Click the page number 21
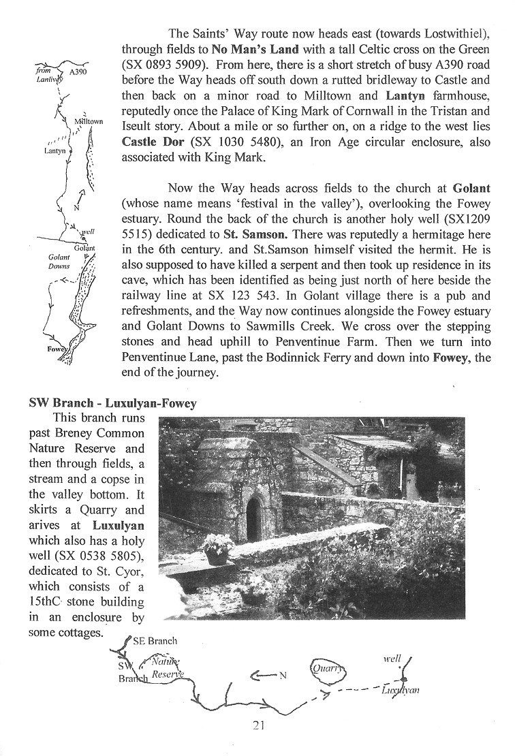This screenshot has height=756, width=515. point(257,725)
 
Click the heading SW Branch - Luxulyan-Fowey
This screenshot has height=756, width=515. point(112,403)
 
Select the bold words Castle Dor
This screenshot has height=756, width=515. point(153,142)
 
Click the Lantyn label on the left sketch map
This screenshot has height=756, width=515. point(54,151)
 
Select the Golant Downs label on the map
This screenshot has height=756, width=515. point(59,262)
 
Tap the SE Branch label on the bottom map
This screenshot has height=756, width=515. point(155,640)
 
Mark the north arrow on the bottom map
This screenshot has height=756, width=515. point(266,676)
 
